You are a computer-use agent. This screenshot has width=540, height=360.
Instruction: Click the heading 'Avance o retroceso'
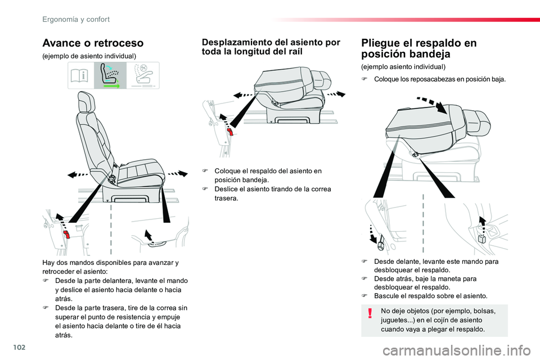click(x=93, y=43)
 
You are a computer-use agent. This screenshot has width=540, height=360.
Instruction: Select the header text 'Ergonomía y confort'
click(x=76, y=19)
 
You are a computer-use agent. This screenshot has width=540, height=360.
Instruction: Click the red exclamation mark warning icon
click(x=370, y=313)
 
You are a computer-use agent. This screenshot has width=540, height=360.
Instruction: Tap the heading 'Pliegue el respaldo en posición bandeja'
click(x=419, y=48)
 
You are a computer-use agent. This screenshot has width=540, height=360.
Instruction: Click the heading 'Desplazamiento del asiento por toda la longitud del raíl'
click(x=271, y=47)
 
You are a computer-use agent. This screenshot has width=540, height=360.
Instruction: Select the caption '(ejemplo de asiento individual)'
click(x=89, y=56)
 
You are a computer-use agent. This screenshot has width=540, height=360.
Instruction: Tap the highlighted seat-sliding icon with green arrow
click(x=110, y=76)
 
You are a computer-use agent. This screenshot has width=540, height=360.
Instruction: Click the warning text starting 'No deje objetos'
click(x=438, y=319)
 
